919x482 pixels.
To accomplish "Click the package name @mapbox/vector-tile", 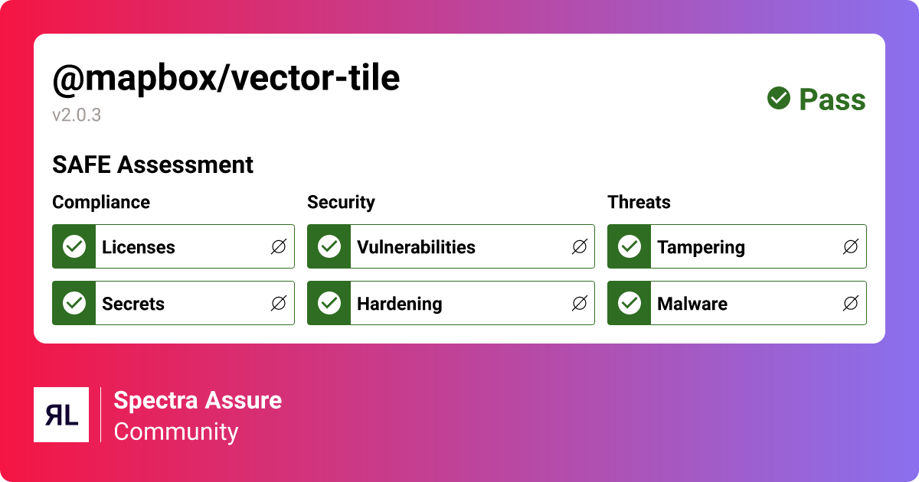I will click(x=226, y=78).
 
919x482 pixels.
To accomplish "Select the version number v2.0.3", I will click(x=77, y=116).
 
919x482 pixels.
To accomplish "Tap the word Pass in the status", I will click(x=832, y=99).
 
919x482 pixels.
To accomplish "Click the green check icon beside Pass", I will click(x=779, y=99).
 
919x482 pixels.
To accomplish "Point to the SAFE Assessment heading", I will click(x=152, y=164).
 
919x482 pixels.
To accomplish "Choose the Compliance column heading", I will click(x=101, y=202).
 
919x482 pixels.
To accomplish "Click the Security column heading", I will click(x=341, y=202).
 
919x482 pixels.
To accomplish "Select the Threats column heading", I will click(x=639, y=202).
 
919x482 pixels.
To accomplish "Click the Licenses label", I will click(x=139, y=247).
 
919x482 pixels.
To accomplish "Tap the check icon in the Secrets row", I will click(x=74, y=303).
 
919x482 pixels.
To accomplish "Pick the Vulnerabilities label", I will click(x=416, y=247).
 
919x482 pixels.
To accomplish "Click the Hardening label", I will click(x=399, y=304).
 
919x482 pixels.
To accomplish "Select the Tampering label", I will click(x=701, y=247).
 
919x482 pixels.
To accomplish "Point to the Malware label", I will click(x=692, y=304).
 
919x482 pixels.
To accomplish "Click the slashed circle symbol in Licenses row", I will click(x=279, y=246).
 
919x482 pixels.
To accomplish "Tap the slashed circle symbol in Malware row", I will click(x=850, y=303).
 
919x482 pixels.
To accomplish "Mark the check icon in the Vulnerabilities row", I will click(x=329, y=246).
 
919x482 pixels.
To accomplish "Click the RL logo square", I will click(x=61, y=415).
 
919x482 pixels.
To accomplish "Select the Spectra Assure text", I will click(x=198, y=400).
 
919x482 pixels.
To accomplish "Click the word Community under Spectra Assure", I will click(x=176, y=432).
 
